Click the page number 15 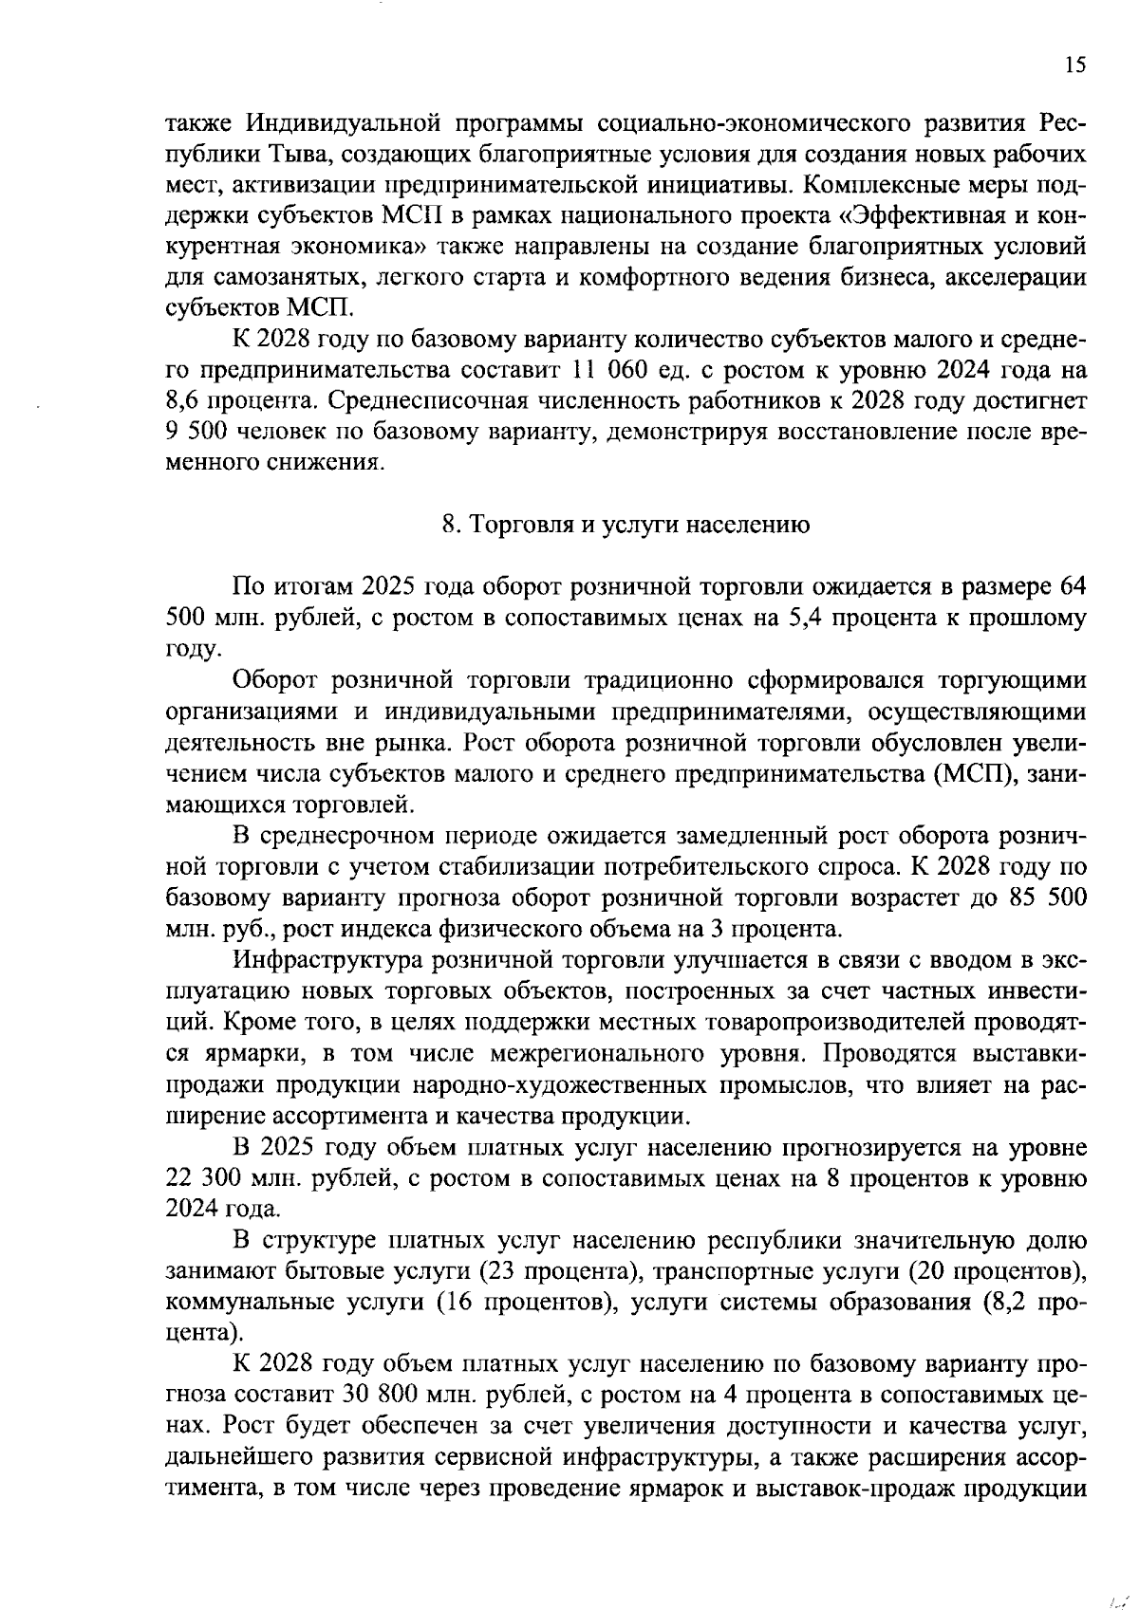1074,65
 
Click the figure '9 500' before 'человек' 194,433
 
